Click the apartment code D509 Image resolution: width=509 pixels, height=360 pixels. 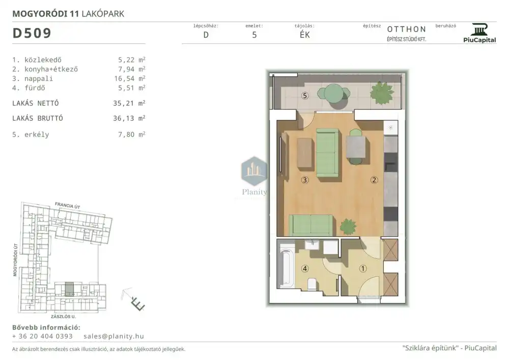32,33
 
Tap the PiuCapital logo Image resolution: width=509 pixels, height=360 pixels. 479,33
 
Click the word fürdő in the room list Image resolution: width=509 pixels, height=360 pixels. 35,88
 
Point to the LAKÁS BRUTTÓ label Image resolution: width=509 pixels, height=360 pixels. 38,118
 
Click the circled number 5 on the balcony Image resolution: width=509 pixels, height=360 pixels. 304,96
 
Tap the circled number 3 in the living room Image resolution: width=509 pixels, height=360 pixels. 304,180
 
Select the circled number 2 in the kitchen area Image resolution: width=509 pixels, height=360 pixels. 374,180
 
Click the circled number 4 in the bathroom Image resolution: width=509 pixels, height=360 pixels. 304,268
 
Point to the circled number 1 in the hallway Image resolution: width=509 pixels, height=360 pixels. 363,268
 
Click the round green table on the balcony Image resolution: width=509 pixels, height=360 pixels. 333,94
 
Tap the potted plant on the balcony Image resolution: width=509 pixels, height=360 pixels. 382,93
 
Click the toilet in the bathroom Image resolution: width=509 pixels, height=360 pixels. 312,284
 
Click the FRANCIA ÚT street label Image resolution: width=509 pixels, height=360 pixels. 68,206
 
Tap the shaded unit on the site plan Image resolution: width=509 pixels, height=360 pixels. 69,289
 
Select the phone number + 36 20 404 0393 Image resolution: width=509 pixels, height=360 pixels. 43,336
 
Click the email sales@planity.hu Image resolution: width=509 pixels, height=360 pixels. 114,336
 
